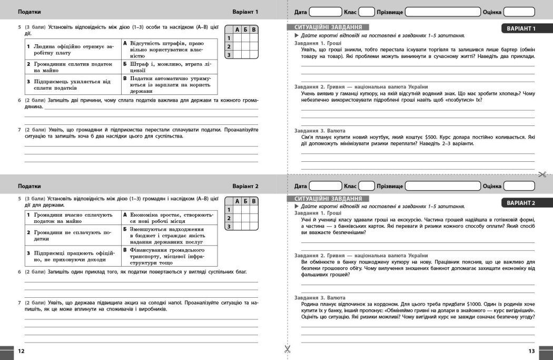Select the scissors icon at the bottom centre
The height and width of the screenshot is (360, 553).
click(x=287, y=348)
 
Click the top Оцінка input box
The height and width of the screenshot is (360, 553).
click(x=519, y=12)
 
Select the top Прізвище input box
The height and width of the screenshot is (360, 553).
click(x=442, y=12)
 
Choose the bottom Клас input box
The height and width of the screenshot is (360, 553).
click(x=367, y=186)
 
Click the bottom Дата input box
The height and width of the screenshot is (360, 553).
click(x=325, y=186)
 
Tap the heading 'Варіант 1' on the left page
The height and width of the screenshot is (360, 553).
click(x=245, y=12)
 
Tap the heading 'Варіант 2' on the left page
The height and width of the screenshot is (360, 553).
click(x=245, y=186)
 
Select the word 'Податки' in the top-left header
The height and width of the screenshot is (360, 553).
click(x=29, y=12)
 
